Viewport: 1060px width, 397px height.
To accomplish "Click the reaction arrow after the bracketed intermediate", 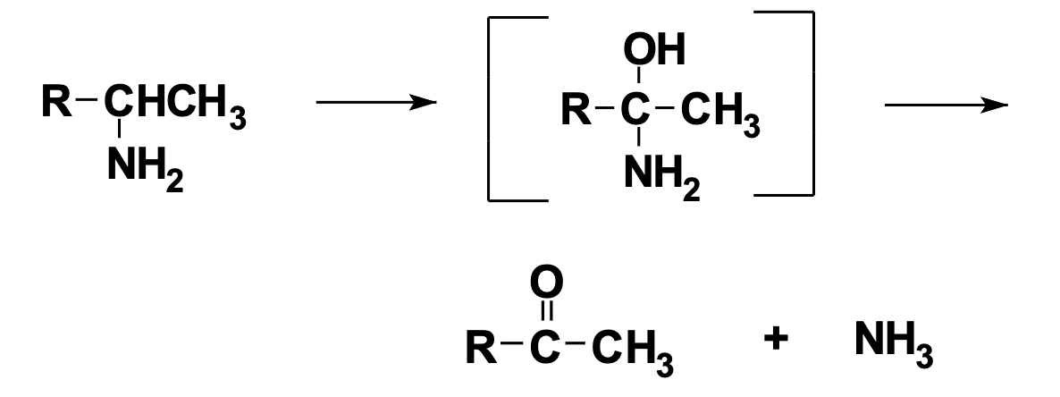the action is point(946,106).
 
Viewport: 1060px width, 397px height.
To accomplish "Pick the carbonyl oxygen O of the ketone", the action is point(547,284).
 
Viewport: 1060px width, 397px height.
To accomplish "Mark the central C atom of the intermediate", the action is point(638,111).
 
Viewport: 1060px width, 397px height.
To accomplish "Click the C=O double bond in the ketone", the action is point(547,313).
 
